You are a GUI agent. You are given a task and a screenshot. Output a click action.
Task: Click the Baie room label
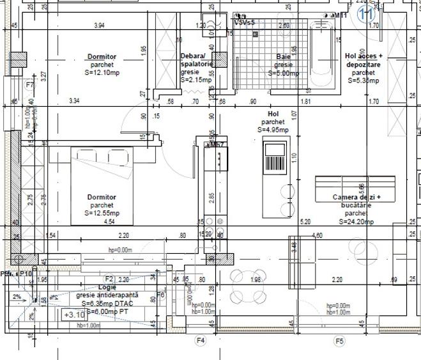pyautogui.click(x=283, y=57)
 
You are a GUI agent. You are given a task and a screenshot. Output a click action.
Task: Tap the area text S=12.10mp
pyautogui.click(x=102, y=73)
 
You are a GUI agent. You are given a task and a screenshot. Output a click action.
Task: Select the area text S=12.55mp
pyautogui.click(x=102, y=213)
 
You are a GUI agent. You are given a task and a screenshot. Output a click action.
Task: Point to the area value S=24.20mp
pyautogui.click(x=356, y=221)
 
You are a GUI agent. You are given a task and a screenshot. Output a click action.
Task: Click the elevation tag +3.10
pyautogui.click(x=74, y=315)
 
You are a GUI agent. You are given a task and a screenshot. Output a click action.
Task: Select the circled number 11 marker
pyautogui.click(x=366, y=15)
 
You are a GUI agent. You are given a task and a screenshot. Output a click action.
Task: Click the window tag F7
pyautogui.click(x=29, y=84)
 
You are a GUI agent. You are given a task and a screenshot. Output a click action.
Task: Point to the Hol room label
pyautogui.click(x=273, y=114)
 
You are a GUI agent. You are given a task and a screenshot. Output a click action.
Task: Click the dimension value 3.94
pyautogui.click(x=99, y=26)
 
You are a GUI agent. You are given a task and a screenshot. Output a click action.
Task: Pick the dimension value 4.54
pyautogui.click(x=109, y=222)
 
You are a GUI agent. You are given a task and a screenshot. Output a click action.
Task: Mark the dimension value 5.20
pyautogui.click(x=305, y=222)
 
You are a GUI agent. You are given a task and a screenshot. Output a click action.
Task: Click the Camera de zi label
pyautogui.click(x=356, y=198)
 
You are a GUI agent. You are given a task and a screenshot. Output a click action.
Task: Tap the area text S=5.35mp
pyautogui.click(x=364, y=81)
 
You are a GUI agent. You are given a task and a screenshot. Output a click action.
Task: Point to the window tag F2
pyautogui.click(x=109, y=279)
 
